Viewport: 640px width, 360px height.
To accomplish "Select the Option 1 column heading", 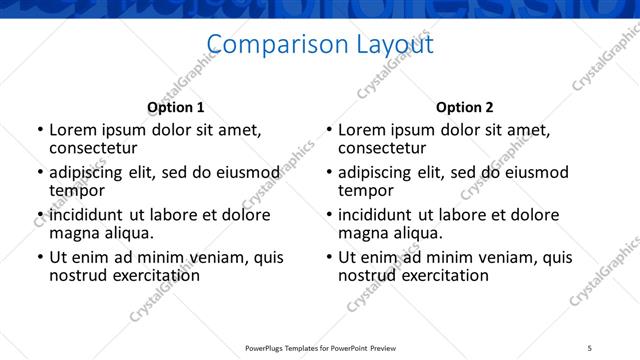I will [175, 107].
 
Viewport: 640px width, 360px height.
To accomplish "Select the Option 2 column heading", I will [464, 107].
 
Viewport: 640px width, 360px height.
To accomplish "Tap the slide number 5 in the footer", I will [590, 348].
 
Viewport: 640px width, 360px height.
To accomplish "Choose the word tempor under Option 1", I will [77, 190].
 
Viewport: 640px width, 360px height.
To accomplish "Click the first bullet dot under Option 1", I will [40, 131].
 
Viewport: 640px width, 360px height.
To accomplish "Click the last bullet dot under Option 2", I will [329, 258].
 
